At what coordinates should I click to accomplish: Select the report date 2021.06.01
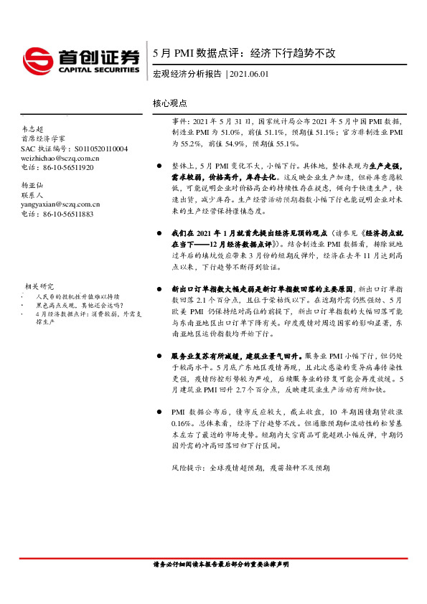[x=248, y=75]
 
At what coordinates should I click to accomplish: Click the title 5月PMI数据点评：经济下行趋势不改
[x=244, y=53]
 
